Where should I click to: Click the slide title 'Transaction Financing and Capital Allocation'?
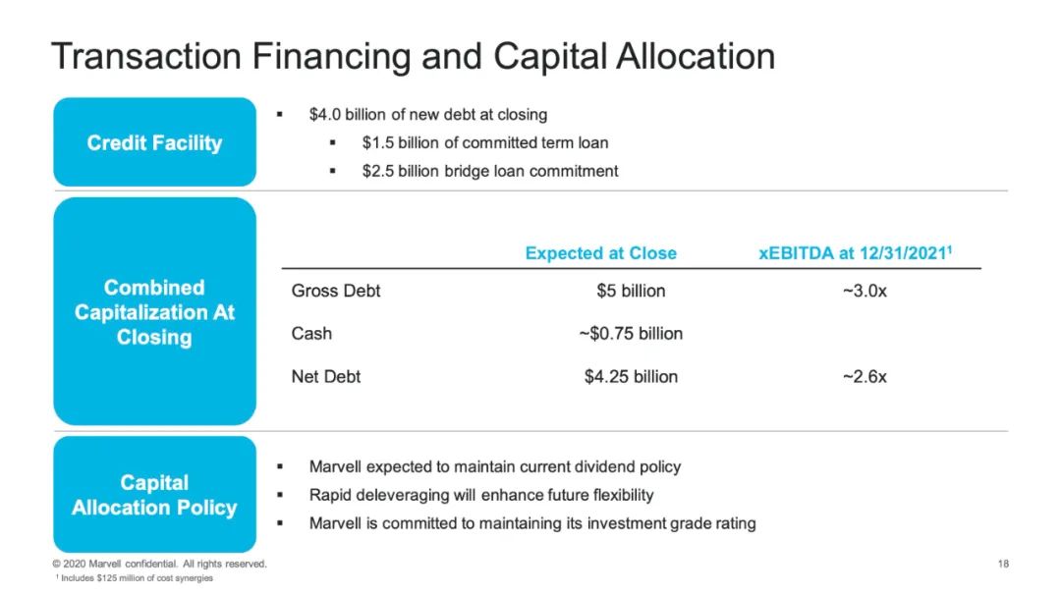pos(413,56)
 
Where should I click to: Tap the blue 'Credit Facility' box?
pos(155,142)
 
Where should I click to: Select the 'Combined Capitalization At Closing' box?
pos(155,311)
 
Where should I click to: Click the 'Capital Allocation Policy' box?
pos(155,495)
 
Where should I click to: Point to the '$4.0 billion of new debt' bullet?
pos(428,114)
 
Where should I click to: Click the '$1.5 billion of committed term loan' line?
pos(485,142)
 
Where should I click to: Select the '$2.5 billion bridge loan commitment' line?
pos(490,171)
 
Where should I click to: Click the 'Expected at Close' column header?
pos(601,253)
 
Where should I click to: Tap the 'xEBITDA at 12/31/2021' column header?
pos(856,253)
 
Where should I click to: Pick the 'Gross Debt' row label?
pos(336,291)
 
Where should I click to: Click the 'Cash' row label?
pos(311,334)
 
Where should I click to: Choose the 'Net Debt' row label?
pos(325,377)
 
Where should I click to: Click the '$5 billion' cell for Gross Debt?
pos(631,291)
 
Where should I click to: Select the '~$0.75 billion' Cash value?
pos(631,334)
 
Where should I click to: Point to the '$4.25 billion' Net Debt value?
pos(631,377)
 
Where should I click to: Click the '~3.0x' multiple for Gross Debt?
pos(865,291)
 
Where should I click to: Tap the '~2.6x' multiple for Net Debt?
pos(865,377)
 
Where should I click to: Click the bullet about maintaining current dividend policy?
pos(494,466)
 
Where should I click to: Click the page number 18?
pos(1003,564)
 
